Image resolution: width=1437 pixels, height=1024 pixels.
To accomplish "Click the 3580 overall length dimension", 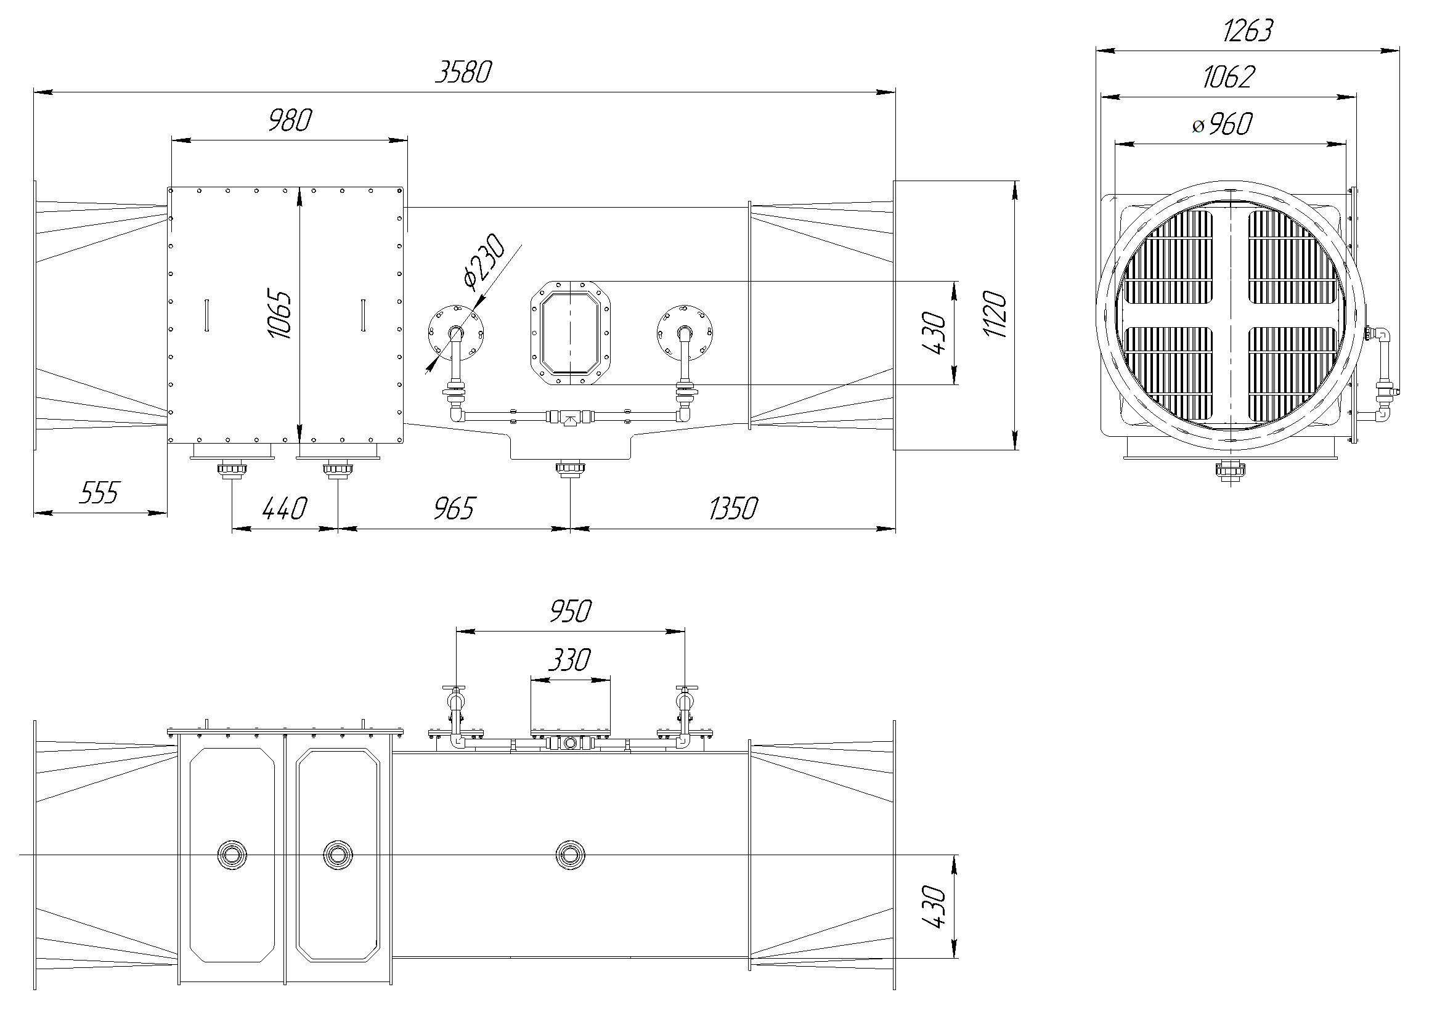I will (463, 73).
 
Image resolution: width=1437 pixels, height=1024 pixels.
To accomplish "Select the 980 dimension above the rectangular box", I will (290, 120).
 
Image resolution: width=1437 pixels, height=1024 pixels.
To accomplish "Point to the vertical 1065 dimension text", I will (279, 315).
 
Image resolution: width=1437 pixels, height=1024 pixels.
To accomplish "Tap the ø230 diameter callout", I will (484, 262).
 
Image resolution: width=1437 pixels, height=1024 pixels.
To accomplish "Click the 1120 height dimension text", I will (997, 315).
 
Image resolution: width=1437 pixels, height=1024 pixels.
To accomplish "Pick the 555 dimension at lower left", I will (99, 493).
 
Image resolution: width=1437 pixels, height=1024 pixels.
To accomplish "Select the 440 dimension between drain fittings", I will (284, 509).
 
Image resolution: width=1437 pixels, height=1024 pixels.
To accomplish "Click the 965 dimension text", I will (454, 509).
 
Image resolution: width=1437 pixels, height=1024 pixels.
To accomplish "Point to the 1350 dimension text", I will (733, 509).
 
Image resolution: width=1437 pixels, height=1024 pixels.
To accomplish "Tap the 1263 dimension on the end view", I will (1247, 31).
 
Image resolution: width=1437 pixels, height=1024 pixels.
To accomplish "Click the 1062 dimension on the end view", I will (1228, 78).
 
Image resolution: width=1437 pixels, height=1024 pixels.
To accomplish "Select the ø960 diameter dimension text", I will (1222, 124).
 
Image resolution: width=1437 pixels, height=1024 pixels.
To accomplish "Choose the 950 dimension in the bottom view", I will (570, 612).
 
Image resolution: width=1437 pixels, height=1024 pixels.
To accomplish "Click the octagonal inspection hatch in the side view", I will (570, 333).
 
